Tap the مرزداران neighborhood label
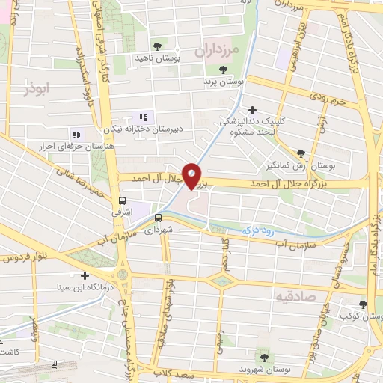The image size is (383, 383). coord(216,51)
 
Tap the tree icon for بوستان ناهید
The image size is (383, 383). coord(156,46)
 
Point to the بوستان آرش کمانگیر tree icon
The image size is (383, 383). coord(301,150)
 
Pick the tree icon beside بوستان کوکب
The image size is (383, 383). coord(363,304)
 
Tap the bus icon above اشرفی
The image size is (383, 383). coord(122,200)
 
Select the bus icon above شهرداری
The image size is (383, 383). coord(158,218)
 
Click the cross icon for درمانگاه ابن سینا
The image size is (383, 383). coord(84,275)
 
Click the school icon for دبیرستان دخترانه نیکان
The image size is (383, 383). coord(143,117)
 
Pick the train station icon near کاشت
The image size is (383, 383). coord(55,364)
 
